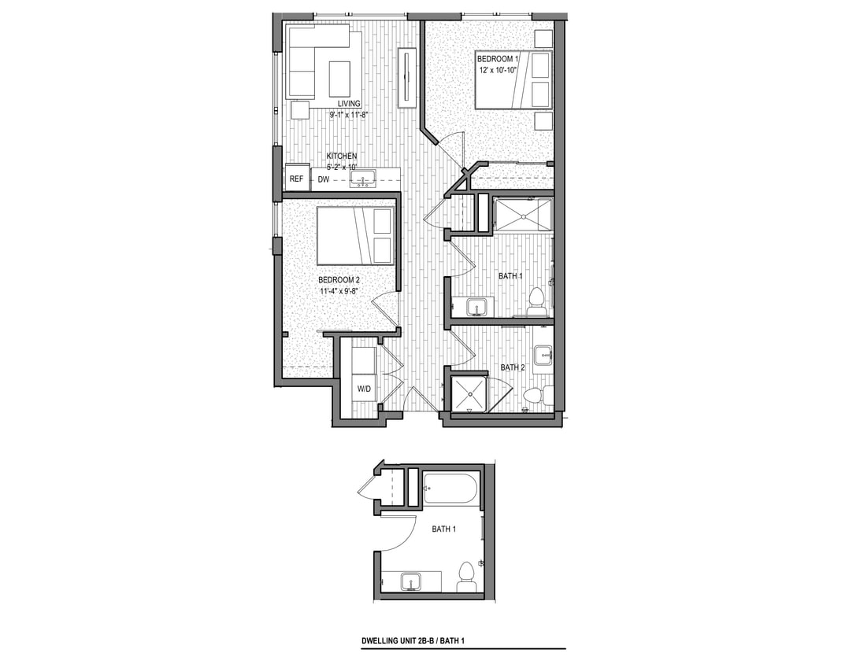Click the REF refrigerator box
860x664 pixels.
296,179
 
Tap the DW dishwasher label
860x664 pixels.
324,180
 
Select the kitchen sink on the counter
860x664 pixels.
362,179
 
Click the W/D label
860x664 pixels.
365,389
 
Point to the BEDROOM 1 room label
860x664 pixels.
498,58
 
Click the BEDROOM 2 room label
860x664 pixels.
339,280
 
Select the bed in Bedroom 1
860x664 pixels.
512,79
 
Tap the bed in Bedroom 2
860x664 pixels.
355,236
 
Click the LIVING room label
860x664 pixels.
349,104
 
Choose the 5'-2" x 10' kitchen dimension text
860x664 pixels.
342,167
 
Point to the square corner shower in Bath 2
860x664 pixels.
469,393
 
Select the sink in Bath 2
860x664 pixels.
543,356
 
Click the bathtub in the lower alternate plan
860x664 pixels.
450,489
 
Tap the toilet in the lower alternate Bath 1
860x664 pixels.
466,574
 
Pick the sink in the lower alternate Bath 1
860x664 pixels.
410,582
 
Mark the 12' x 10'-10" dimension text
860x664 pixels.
502,70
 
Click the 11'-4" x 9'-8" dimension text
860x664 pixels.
339,292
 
